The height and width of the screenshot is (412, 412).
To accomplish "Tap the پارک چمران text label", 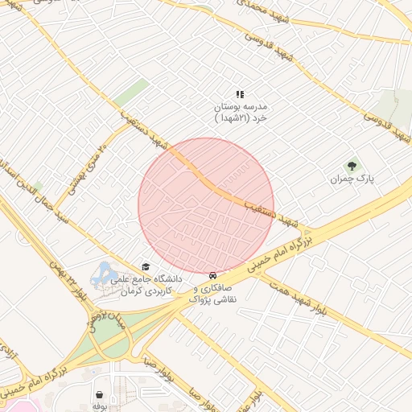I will [352, 179].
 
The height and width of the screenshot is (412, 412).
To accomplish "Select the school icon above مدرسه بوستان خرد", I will [240, 94].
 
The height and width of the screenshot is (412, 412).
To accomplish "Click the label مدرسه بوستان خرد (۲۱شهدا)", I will [240, 112].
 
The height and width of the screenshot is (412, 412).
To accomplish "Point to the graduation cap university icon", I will [146, 266].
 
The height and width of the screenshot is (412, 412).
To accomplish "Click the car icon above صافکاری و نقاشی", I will [212, 274].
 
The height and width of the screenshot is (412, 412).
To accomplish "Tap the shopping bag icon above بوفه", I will [99, 395].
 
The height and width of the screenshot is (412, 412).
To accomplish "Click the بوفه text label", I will [99, 407].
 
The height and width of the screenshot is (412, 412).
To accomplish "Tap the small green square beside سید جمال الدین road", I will [38, 187].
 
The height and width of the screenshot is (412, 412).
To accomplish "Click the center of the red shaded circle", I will [206, 206].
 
